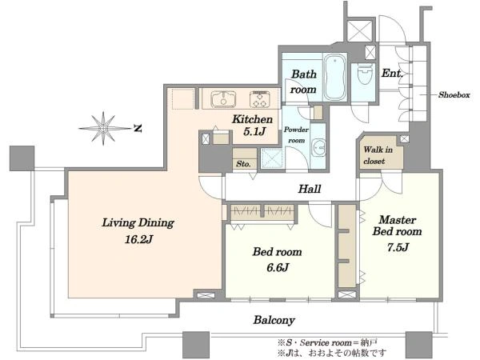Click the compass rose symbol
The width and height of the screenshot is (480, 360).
(104, 128)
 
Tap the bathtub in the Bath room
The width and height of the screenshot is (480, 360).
(334, 78)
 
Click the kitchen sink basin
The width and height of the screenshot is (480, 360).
(223, 99)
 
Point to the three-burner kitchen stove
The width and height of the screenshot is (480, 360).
(259, 99)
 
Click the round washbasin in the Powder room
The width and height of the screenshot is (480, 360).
(318, 148)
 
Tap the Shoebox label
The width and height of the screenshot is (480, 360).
(454, 95)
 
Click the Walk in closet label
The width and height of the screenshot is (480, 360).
(378, 155)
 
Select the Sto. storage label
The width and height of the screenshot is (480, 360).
(243, 164)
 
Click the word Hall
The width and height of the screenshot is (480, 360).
(310, 189)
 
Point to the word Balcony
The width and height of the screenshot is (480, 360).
(274, 320)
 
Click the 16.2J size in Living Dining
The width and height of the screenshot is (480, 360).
(138, 239)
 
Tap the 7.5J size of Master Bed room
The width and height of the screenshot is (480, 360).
(398, 246)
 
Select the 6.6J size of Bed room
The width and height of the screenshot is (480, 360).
(278, 267)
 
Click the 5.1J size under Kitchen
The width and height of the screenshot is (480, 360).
(254, 132)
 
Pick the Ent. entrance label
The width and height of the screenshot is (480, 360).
(391, 73)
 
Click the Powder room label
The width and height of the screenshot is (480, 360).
(296, 135)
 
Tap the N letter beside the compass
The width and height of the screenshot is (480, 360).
(138, 129)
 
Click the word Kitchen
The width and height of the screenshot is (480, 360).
(252, 119)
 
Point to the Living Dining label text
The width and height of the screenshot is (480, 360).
(138, 222)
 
